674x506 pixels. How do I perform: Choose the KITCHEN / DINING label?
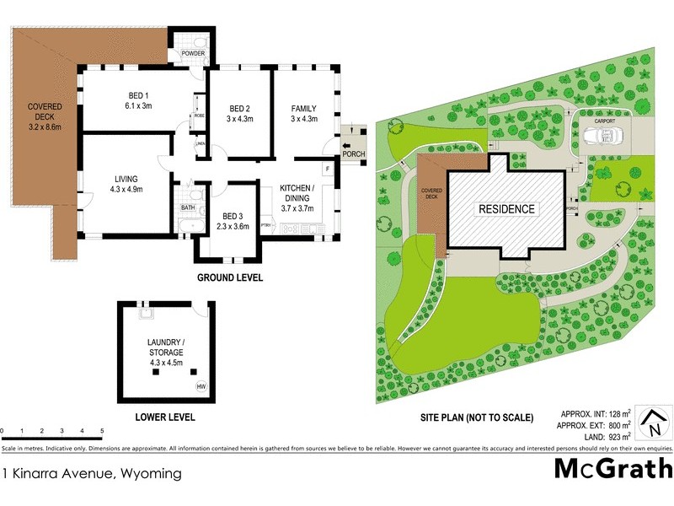pyautogui.click(x=299, y=197)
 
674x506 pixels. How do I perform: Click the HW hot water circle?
pyautogui.click(x=201, y=387)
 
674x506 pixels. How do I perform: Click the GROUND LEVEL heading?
pyautogui.click(x=230, y=277)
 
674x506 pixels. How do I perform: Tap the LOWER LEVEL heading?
pyautogui.click(x=165, y=417)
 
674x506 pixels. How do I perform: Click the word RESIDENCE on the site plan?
pyautogui.click(x=506, y=209)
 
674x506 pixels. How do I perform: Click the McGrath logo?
pyautogui.click(x=612, y=469)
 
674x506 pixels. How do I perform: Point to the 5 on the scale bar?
pyautogui.click(x=102, y=431)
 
